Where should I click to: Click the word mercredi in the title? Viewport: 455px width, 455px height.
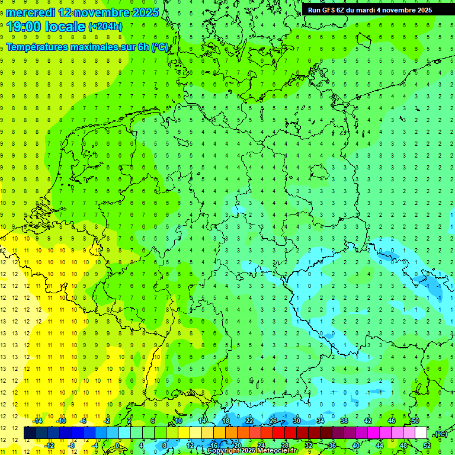tap(31, 12)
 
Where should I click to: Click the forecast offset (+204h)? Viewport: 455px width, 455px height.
tap(105, 26)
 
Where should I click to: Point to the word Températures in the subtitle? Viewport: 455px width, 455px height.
tap(38, 47)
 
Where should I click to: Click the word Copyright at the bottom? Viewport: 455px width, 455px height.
tap(223, 451)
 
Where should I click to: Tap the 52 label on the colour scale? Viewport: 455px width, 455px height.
tap(427, 445)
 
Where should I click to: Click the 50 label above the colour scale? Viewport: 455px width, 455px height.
tap(415, 421)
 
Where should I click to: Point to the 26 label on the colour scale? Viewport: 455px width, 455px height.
tap(273, 421)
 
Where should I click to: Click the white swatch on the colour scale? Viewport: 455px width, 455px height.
tap(421, 433)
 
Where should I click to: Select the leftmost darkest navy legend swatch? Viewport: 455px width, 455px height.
tap(30, 433)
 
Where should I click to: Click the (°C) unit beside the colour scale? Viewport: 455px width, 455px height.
tap(440, 434)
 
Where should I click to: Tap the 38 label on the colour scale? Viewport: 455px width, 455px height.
tap(344, 421)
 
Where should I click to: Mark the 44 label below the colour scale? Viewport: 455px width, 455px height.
tap(380, 445)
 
